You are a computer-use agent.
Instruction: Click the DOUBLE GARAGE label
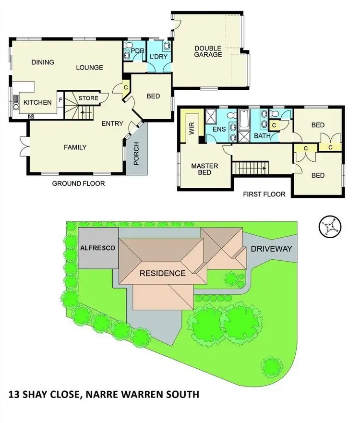(x=208, y=51)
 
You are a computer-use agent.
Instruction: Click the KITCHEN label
(x=37, y=103)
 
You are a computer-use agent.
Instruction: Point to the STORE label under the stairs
(x=88, y=98)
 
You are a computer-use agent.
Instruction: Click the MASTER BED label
(x=204, y=169)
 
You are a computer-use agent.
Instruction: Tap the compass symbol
(x=329, y=226)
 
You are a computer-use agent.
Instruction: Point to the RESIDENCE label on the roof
(x=162, y=274)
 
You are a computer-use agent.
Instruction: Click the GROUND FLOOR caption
(x=78, y=183)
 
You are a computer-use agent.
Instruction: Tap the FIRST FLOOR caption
(x=264, y=194)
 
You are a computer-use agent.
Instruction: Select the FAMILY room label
(x=75, y=147)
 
